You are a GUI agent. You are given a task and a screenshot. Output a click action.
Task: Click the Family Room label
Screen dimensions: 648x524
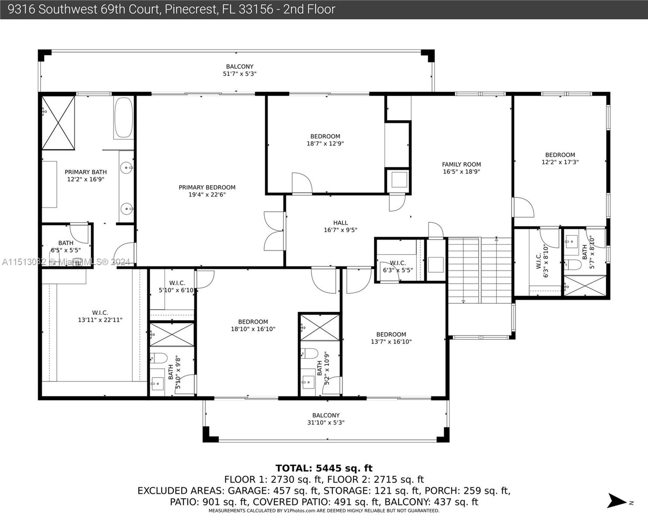coord(461,168)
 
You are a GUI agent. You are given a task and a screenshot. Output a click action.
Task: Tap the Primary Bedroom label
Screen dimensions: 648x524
coord(207,191)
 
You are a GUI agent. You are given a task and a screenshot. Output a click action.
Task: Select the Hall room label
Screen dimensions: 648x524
coord(341,226)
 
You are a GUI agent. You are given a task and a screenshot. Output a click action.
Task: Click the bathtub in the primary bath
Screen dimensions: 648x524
coord(124,117)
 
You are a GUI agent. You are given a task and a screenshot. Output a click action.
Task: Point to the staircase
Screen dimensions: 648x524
coord(479,270)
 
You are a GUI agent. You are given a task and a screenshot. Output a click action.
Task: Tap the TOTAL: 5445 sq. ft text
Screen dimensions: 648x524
coord(324,468)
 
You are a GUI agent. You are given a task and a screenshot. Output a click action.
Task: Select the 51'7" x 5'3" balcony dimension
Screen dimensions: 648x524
coord(240,74)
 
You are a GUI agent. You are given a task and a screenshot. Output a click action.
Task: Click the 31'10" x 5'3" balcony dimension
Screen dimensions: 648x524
coord(326,422)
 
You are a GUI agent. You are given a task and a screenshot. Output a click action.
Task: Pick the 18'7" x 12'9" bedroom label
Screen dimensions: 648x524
coord(325,140)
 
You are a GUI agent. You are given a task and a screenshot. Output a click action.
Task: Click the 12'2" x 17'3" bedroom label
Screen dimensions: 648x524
coord(560,159)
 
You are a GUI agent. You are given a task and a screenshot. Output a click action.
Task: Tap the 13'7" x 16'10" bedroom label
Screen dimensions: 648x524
coord(391,338)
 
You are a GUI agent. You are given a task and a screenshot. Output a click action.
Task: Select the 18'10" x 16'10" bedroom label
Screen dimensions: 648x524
coord(253,325)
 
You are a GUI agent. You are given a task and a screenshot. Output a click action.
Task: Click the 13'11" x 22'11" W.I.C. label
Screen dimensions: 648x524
coord(100,316)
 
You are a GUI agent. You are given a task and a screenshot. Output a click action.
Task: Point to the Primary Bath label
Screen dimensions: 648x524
coord(86,176)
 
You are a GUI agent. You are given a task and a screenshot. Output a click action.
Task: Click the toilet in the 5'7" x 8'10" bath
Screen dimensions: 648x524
coord(572,264)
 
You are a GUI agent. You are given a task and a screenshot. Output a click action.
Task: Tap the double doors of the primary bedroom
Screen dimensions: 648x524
coord(274,231)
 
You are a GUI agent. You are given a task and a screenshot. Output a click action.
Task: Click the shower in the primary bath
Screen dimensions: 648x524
coord(58,123)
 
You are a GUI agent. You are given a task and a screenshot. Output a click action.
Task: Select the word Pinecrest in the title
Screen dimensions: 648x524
coord(191,9)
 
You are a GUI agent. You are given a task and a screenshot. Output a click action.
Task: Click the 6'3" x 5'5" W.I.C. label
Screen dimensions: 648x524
coord(398,266)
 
